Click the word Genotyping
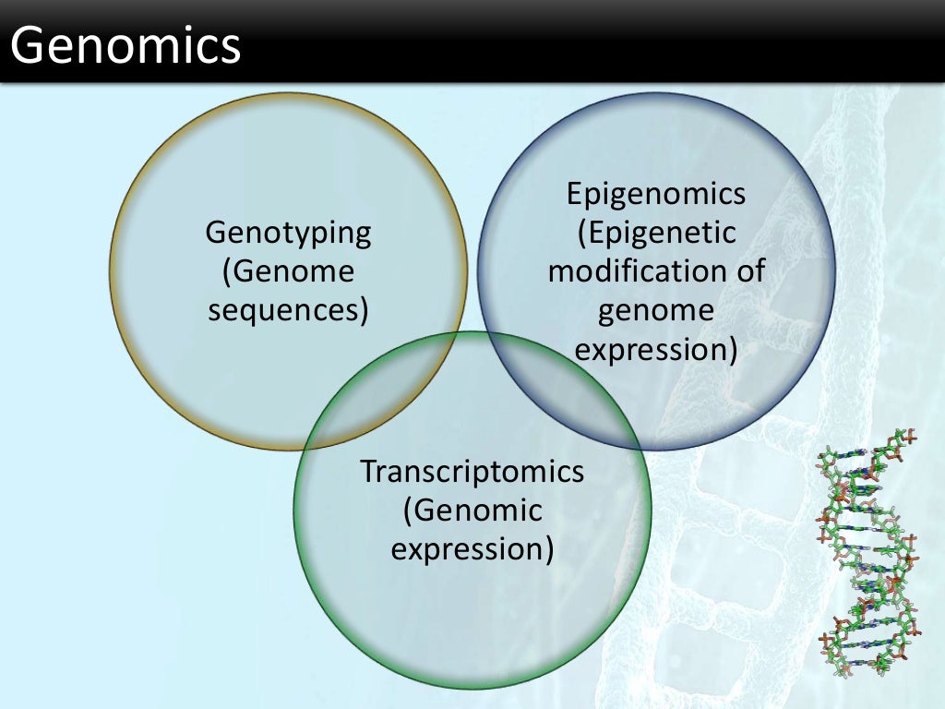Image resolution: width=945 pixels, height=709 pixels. (288, 233)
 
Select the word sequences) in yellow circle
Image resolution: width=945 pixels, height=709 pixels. (288, 310)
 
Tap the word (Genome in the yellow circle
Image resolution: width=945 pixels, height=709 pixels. (288, 271)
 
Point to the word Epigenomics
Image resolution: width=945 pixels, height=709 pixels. (656, 195)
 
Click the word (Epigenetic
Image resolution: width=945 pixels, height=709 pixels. (656, 234)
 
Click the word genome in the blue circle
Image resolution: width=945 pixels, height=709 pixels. (656, 311)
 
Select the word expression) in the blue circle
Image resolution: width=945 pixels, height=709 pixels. (656, 350)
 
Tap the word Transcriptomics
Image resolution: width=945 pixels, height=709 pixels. (472, 471)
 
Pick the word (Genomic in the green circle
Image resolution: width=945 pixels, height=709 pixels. (472, 510)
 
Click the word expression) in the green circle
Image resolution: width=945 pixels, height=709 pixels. (472, 548)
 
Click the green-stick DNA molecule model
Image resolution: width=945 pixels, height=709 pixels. (868, 554)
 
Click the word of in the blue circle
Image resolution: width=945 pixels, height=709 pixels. (748, 272)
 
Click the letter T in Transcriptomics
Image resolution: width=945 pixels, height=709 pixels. (369, 471)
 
